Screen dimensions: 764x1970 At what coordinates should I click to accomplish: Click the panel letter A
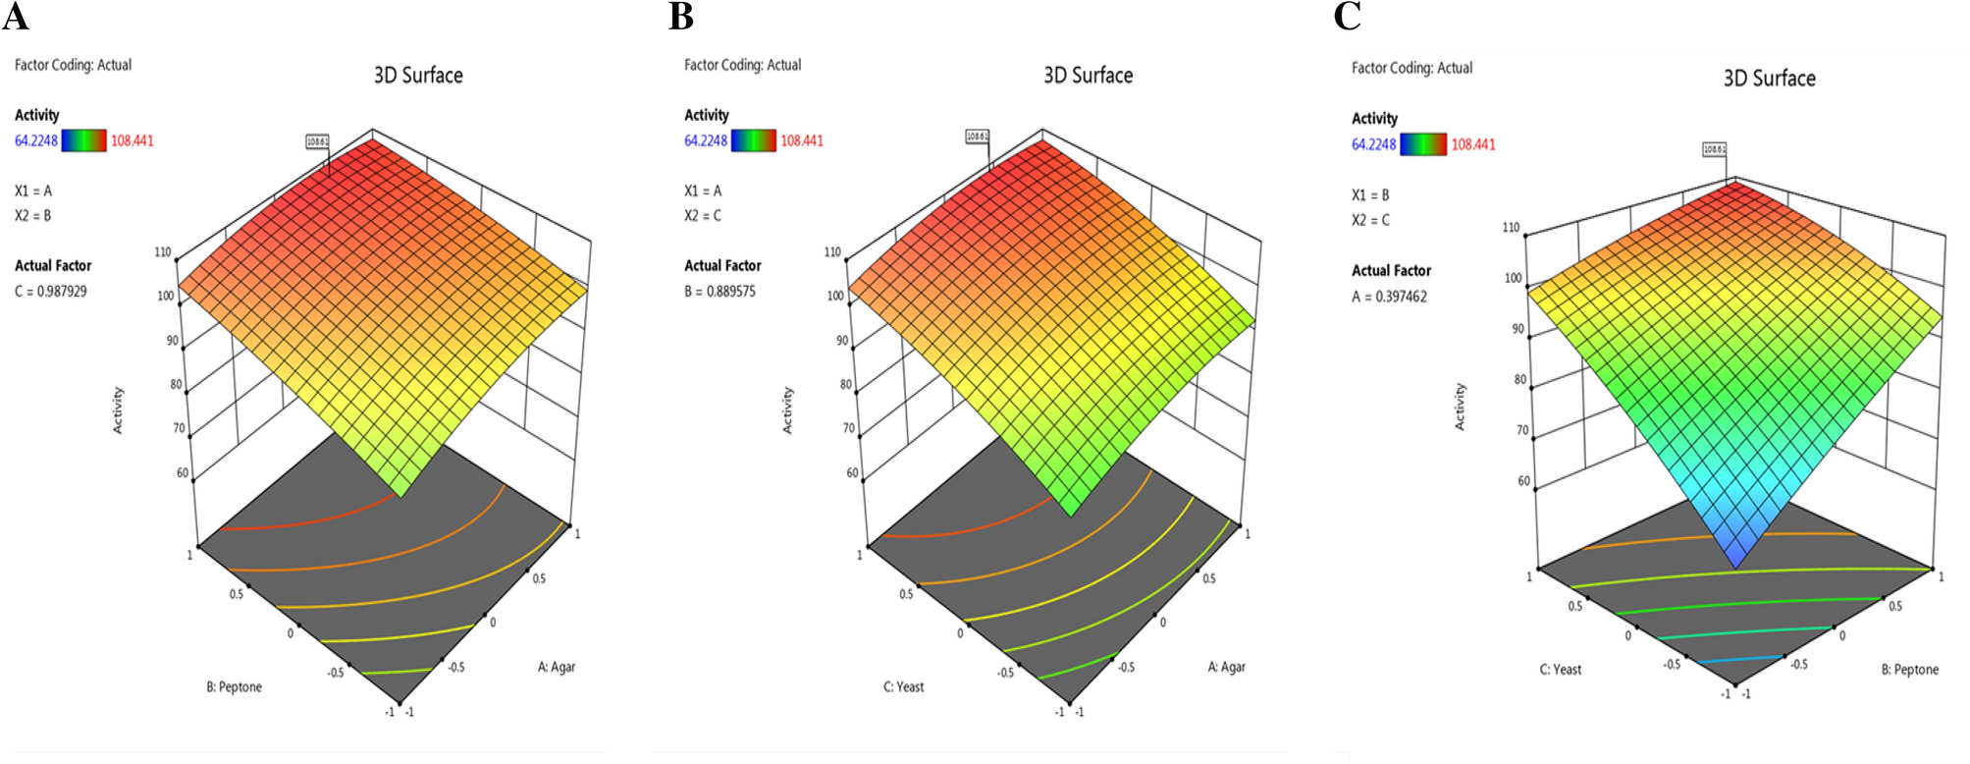pos(16,17)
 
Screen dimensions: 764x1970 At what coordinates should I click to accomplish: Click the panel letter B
pos(681,17)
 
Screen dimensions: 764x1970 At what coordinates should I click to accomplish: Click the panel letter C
pos(1348,17)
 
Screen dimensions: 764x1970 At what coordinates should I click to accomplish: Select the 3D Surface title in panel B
pos(1088,76)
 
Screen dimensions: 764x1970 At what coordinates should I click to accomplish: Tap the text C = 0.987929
pos(51,292)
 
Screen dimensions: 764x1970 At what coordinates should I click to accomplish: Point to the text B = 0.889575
pos(719,292)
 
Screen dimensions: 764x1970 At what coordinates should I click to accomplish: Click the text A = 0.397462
pos(1389,297)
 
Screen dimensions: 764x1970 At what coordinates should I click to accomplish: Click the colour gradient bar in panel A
pos(83,140)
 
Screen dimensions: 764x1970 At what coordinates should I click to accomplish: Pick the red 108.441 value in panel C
pos(1473,144)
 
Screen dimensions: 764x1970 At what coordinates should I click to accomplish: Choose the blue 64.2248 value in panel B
pos(706,140)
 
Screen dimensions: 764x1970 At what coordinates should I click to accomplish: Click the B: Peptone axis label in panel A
pos(234,687)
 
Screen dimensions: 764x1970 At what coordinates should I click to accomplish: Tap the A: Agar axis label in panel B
pos(1226,667)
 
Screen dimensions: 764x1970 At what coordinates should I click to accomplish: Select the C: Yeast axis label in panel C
pos(1560,670)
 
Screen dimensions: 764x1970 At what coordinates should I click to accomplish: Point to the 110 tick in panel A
pos(163,252)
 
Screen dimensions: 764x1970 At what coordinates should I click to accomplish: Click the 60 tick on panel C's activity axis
pos(1523,481)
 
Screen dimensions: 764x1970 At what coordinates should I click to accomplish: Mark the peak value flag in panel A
pos(317,142)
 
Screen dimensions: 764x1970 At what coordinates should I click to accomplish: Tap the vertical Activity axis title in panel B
pos(787,410)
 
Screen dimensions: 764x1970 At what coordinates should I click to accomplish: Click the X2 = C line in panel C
pos(1370,220)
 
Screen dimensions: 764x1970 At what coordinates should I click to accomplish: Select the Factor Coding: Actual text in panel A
pos(73,65)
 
